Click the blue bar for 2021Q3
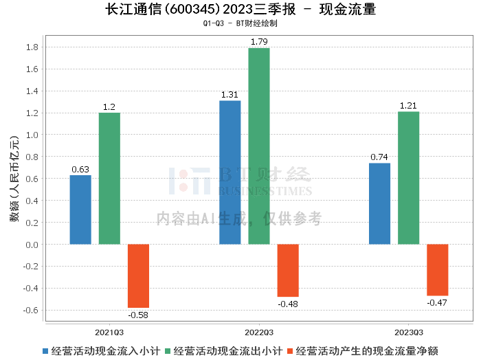(x=80, y=210)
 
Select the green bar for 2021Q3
(x=109, y=179)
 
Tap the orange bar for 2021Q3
(x=138, y=275)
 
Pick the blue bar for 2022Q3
(x=230, y=172)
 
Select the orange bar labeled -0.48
(x=288, y=270)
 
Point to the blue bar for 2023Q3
(x=379, y=203)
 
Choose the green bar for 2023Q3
(x=408, y=178)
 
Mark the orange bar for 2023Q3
(x=437, y=269)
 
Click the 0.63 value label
(x=80, y=169)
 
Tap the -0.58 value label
(x=138, y=315)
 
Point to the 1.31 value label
(x=230, y=95)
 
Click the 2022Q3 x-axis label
(x=259, y=331)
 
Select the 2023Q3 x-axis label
(x=408, y=331)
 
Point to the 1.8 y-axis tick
(x=32, y=47)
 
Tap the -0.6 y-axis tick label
(x=30, y=310)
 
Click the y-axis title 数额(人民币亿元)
(x=13, y=179)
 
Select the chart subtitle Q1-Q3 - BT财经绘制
(x=240, y=23)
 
